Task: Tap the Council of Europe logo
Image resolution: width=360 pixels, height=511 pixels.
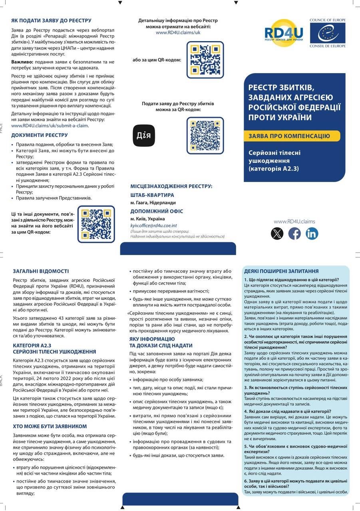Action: (327, 33)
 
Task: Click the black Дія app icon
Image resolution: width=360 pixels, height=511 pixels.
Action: (143, 135)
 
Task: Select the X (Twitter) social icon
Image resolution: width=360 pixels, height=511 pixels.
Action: (277, 234)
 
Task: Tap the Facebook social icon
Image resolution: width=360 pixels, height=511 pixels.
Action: (294, 234)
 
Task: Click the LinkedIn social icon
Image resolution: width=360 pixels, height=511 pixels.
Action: (312, 234)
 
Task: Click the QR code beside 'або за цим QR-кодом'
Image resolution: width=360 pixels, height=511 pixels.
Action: (205, 59)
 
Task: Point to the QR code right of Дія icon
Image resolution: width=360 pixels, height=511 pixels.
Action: (205, 135)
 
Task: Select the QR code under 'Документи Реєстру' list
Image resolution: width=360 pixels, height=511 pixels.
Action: (96, 224)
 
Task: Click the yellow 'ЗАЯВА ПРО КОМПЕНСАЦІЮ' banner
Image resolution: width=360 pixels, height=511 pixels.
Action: (292, 136)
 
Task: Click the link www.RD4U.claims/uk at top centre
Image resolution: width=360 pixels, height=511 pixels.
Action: (178, 32)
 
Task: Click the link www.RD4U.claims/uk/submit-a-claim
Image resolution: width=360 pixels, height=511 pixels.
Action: (50, 125)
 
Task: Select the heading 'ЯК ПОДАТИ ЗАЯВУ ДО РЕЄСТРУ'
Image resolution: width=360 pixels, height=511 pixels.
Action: (51, 20)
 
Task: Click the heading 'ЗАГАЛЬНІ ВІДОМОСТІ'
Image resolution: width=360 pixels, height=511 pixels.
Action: (41, 271)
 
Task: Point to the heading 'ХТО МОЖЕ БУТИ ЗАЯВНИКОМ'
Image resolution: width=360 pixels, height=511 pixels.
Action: (50, 426)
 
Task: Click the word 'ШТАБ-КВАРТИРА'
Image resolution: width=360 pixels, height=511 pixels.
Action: (152, 195)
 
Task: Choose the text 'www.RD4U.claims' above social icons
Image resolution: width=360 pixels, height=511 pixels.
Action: (294, 222)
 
